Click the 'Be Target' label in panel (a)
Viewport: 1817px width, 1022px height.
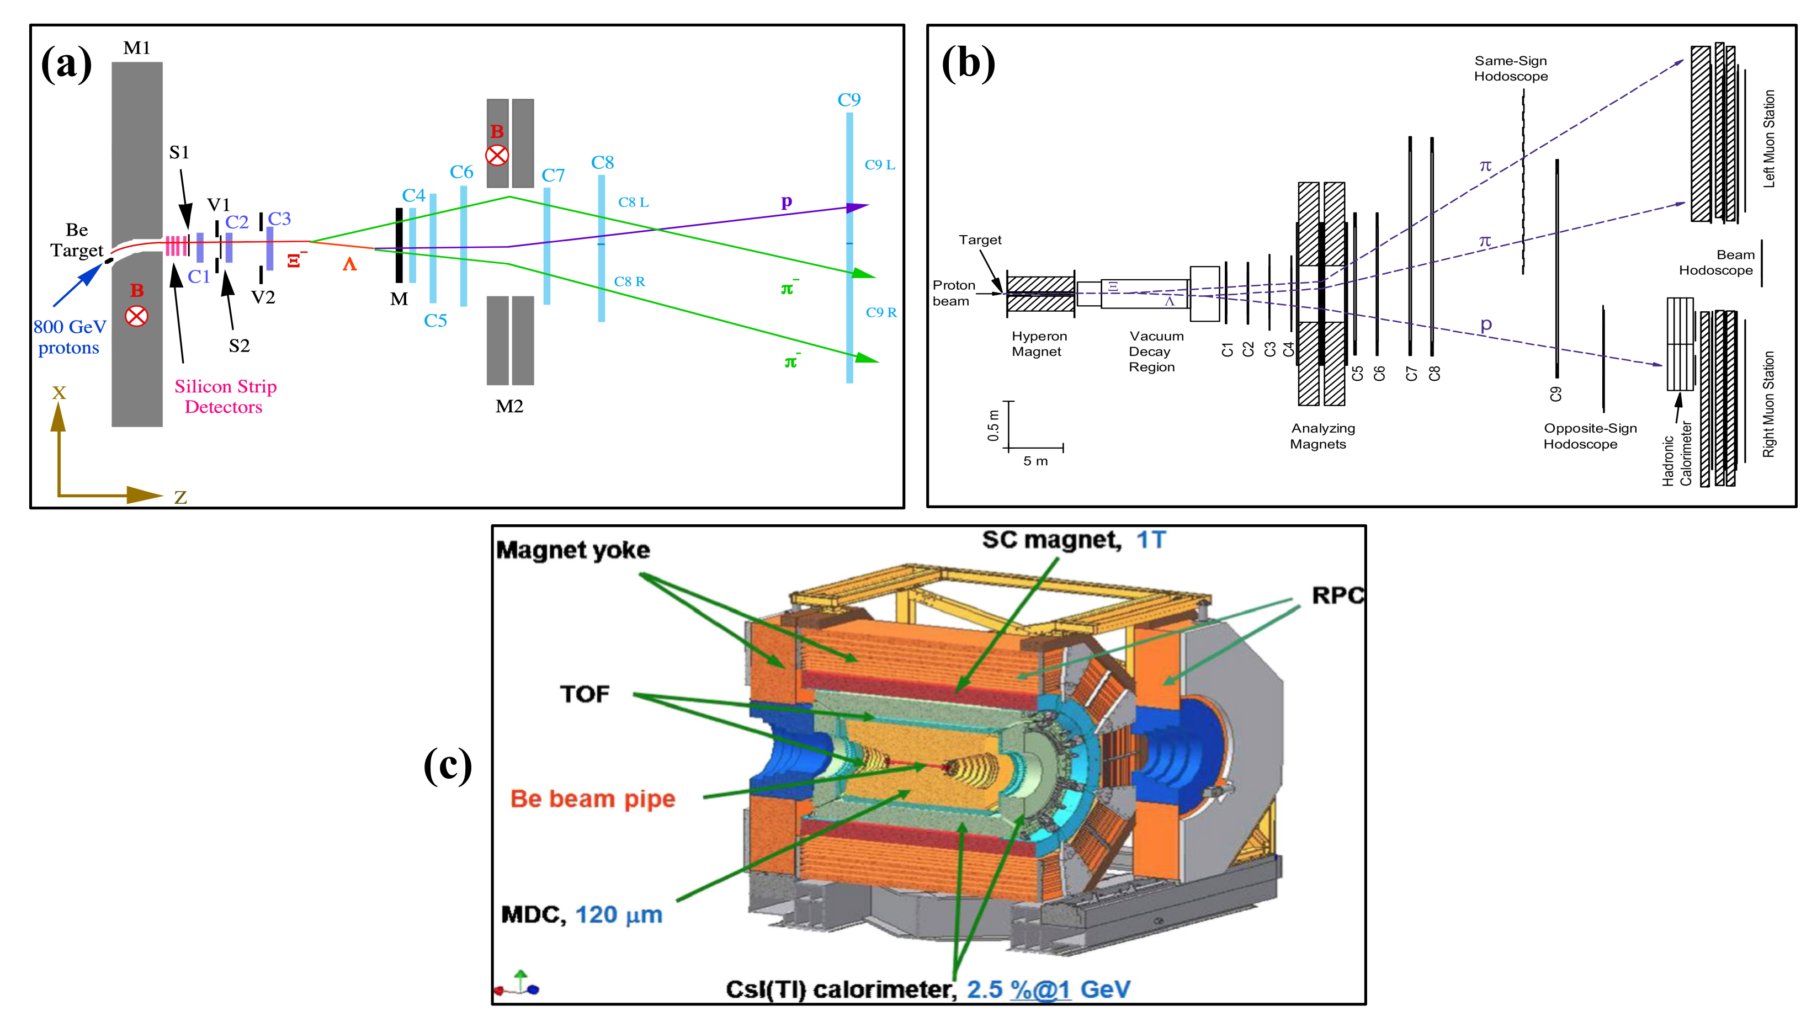76,241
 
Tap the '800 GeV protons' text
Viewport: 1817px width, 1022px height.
69,337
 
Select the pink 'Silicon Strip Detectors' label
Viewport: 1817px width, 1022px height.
225,396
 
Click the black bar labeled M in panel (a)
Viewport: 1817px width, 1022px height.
399,245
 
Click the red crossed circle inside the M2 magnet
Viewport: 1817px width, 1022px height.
497,155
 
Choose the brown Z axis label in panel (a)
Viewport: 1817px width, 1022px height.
180,497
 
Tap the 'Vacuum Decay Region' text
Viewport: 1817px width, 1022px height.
1155,352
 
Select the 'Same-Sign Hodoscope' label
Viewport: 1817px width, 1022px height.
1510,68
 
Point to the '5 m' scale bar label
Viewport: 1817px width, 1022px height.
1035,461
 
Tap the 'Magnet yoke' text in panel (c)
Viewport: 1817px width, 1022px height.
573,550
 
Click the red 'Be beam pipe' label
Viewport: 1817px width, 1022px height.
592,799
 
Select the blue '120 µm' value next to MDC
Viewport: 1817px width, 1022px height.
619,915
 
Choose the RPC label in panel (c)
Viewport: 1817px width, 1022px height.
1337,595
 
